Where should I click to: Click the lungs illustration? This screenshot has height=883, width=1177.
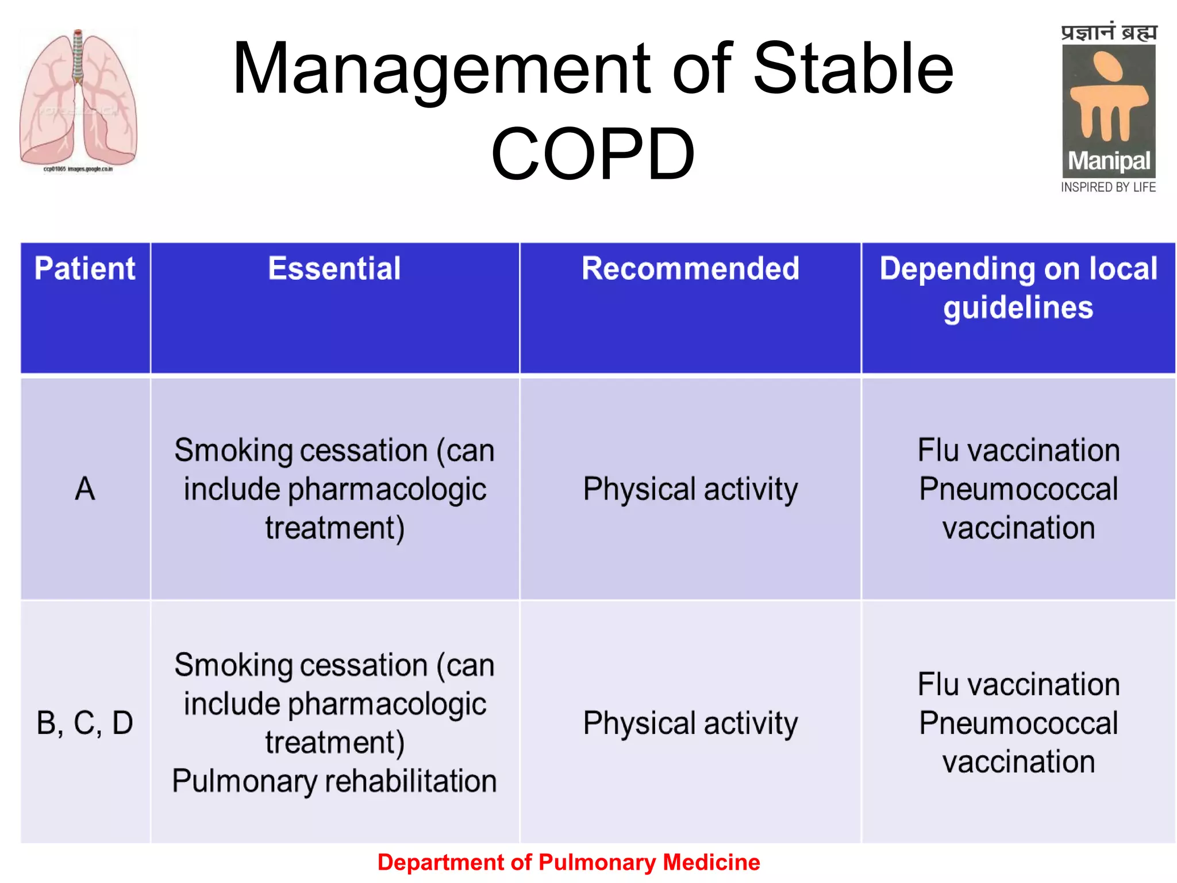tap(78, 98)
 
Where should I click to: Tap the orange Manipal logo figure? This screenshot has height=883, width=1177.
tap(1108, 98)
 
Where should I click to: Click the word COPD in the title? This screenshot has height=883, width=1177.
tap(593, 154)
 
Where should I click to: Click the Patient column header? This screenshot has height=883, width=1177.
tap(85, 268)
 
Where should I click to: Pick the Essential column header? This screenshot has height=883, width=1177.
tap(334, 268)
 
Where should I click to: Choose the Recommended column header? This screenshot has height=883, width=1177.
tap(690, 268)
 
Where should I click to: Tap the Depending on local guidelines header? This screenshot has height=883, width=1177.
tap(1018, 287)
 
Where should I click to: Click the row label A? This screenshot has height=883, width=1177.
tap(85, 489)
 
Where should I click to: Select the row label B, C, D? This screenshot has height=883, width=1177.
tap(85, 723)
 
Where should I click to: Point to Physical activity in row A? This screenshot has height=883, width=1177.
tap(690, 489)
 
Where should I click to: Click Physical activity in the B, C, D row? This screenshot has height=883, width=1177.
tap(690, 723)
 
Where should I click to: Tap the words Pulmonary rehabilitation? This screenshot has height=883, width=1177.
tap(334, 781)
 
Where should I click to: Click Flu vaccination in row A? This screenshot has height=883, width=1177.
tap(1018, 450)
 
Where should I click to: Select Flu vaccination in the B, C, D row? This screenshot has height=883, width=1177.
tap(1018, 685)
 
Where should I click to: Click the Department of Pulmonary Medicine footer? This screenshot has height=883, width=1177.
tap(568, 862)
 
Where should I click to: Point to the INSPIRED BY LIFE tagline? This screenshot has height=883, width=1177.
tap(1108, 187)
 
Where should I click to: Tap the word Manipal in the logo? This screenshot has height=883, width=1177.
tap(1109, 162)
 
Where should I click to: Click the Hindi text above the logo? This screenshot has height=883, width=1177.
tap(1109, 33)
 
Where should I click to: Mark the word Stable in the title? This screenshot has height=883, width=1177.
tap(853, 69)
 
